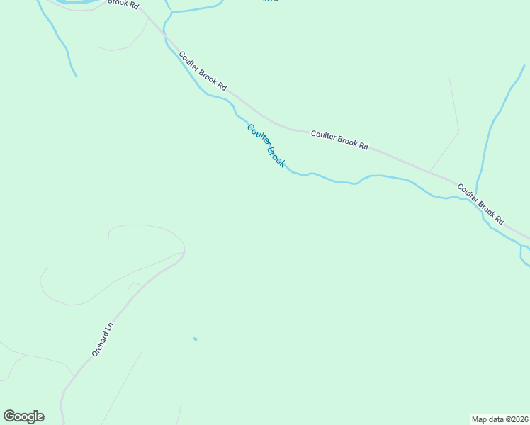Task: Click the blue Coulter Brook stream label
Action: coord(266,145)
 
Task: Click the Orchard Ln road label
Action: coord(102,340)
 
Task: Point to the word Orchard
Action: coord(100,344)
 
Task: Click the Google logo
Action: coord(23,416)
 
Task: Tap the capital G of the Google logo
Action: coord(9,416)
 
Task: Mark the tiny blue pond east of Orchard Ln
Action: coord(195,339)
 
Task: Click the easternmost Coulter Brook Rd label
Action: coord(480,204)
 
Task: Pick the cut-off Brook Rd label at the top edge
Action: coord(123,4)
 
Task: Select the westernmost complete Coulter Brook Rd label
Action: coord(203,71)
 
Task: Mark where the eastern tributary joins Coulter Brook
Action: coord(476,200)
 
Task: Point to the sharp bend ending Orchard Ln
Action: coord(184,252)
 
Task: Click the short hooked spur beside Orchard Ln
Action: coord(132,284)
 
